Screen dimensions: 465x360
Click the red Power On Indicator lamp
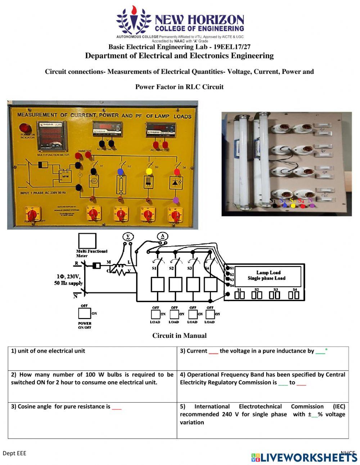[x=25, y=128]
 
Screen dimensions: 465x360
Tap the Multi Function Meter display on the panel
[x=52, y=137]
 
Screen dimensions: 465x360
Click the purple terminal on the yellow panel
[x=176, y=200]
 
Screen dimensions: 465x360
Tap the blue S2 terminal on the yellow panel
[x=121, y=171]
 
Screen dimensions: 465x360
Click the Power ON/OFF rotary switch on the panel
[x=32, y=215]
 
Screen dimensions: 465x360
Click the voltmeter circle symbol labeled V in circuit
[x=127, y=237]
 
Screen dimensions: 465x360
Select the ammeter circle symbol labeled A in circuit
[x=162, y=236]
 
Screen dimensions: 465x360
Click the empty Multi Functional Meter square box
[x=87, y=241]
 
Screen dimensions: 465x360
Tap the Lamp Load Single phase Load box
[x=266, y=276]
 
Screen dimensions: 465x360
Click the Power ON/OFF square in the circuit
[x=85, y=313]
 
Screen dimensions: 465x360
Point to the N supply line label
[x=75, y=296]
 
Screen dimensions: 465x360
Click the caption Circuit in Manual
[x=179, y=336]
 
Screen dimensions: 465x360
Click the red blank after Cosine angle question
[x=117, y=407]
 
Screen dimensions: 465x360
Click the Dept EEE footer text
[x=14, y=453]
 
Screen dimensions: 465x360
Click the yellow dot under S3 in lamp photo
[x=293, y=206]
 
